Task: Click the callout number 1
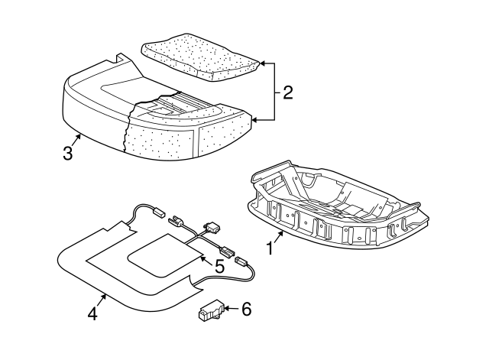point(269,248)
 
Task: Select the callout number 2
point(287,92)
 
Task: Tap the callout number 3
point(68,153)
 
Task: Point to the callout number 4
point(92,313)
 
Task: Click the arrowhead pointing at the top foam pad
point(262,63)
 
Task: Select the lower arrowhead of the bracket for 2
point(254,120)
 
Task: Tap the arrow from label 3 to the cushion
point(76,138)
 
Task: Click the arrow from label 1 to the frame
point(280,232)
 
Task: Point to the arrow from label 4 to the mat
point(102,297)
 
